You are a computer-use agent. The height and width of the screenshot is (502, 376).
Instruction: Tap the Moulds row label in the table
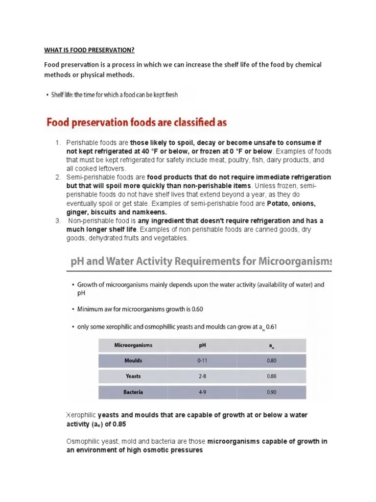pos(133,360)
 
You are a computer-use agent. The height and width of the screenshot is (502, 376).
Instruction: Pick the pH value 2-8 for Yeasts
pos(202,376)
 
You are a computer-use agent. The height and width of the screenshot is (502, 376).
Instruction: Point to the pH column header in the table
pos(202,345)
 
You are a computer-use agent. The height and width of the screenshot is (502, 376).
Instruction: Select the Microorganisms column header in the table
pos(133,345)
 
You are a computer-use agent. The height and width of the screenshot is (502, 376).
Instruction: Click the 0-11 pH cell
pos(202,360)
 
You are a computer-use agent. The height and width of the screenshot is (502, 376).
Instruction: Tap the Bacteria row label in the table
pos(133,393)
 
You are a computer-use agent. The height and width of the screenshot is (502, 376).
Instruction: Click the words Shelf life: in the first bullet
pos(65,95)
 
